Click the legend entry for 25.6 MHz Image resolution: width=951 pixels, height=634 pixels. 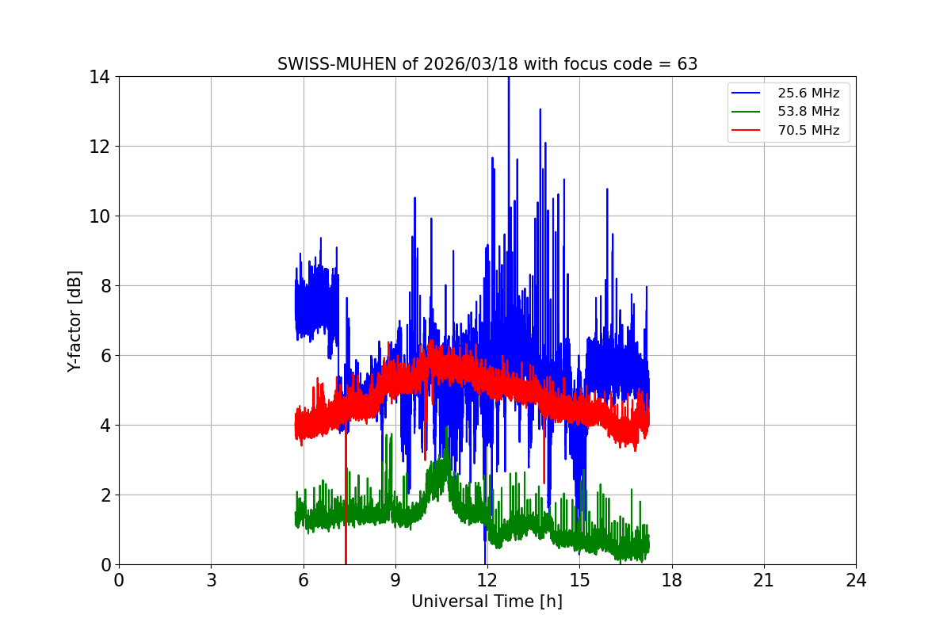tap(808, 94)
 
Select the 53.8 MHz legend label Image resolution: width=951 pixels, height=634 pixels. tap(808, 112)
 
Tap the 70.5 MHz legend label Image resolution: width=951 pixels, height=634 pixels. tap(808, 131)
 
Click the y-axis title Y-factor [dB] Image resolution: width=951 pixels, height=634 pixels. tap(74, 320)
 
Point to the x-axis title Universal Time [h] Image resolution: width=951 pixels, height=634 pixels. tap(487, 602)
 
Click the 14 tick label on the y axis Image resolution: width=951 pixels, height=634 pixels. tap(99, 77)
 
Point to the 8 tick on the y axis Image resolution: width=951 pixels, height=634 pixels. tap(104, 286)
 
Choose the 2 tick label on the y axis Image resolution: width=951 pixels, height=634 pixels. tap(104, 495)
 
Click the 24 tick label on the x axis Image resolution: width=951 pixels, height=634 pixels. tap(856, 581)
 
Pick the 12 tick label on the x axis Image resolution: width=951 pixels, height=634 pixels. tap(487, 581)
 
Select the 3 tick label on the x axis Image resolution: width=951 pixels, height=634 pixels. tap(211, 581)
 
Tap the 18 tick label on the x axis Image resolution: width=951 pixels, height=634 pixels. tap(671, 581)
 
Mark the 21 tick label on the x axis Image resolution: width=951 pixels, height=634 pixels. tap(764, 581)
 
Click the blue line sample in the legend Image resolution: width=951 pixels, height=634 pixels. tap(749, 94)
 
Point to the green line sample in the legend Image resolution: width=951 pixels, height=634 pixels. tap(749, 112)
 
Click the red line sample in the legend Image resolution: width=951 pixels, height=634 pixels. tap(749, 131)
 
